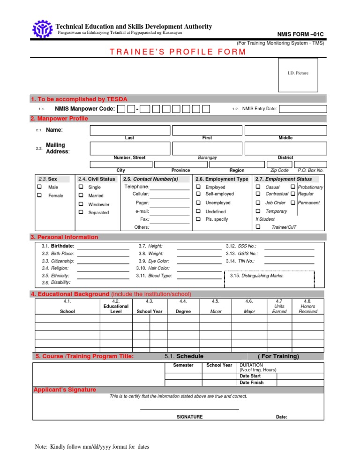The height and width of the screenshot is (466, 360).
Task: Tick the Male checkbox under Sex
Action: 40,187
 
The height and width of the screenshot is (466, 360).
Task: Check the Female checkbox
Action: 40,195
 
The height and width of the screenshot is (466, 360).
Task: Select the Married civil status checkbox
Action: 81,195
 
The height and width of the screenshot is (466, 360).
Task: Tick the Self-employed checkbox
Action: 198,194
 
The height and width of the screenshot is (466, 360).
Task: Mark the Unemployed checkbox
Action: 198,203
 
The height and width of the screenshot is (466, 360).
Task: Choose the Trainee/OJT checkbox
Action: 258,227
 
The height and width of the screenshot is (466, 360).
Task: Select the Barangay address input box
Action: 207,148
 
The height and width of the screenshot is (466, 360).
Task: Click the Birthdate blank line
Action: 103,246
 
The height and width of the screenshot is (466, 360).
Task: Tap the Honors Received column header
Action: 307,308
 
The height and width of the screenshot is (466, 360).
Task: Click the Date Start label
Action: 250,376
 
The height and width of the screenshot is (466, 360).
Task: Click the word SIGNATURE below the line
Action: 189,416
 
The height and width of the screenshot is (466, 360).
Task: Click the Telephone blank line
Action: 170,187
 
